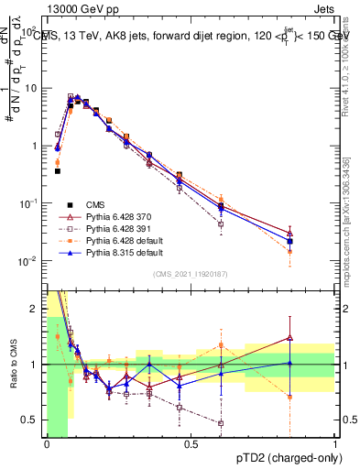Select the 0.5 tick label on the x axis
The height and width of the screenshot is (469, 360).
click(191, 444)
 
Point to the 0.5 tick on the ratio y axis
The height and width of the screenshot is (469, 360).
click(33, 420)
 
